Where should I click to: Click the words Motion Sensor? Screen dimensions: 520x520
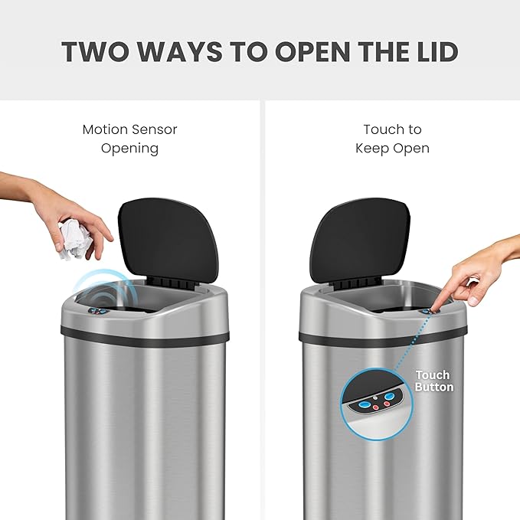[x=129, y=129]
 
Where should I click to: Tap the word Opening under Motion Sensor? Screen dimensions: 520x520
[x=129, y=148]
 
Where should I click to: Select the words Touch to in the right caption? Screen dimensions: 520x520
[x=392, y=129]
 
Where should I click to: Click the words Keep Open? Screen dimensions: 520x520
[x=392, y=148]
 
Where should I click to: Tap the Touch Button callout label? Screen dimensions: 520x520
[x=433, y=381]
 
